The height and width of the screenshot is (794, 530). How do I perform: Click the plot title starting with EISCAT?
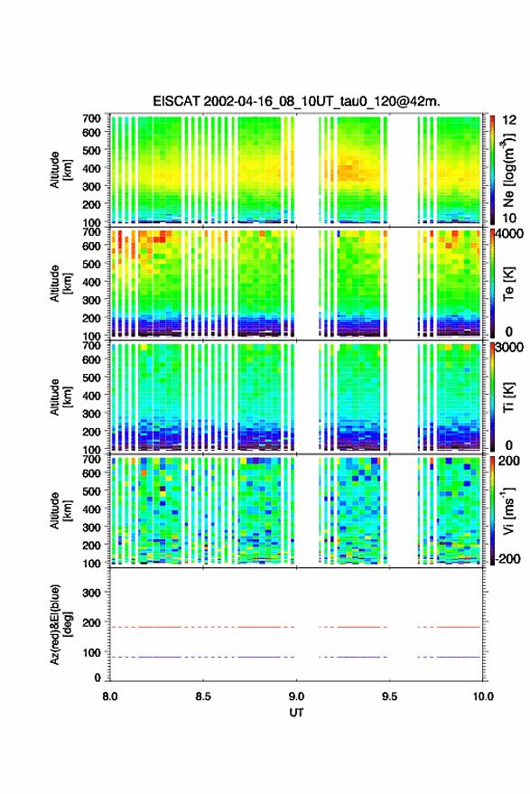pos(297,101)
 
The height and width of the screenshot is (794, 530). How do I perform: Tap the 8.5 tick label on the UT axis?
pos(202,696)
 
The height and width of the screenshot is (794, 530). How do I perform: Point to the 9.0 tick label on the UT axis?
pos(296,696)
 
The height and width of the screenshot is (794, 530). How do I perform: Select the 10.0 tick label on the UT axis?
pos(483,696)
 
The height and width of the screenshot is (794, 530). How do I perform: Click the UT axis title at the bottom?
pos(296,713)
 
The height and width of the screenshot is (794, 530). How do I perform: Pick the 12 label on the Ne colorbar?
pos(509,120)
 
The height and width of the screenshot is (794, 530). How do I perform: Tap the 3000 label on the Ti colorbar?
pos(509,348)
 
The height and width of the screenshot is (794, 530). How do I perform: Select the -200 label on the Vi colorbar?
pos(507,558)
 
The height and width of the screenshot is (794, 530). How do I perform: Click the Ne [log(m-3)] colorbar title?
pos(508,170)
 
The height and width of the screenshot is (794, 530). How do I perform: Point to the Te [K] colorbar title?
pos(508,285)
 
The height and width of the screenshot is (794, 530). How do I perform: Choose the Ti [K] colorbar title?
pos(508,397)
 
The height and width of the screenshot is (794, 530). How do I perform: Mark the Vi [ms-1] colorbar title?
pos(508,510)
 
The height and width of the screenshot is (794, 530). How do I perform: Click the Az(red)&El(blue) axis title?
pos(60,624)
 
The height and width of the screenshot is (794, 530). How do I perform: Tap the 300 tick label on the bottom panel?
pos(91,593)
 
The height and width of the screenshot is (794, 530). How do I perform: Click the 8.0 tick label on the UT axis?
pos(110,696)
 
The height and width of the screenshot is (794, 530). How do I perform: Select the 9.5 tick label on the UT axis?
pos(389,696)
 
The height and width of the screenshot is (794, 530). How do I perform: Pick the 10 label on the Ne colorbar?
pos(509,219)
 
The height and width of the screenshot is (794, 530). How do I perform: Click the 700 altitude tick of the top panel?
pos(91,118)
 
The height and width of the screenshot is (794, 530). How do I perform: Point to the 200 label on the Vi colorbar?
pos(509,461)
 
